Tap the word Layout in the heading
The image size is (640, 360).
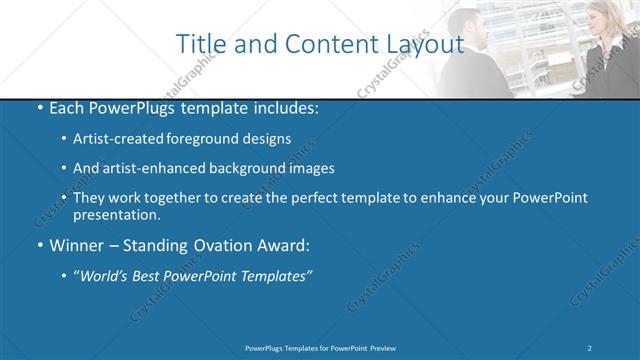pyautogui.click(x=421, y=44)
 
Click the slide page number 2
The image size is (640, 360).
pyautogui.click(x=590, y=347)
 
